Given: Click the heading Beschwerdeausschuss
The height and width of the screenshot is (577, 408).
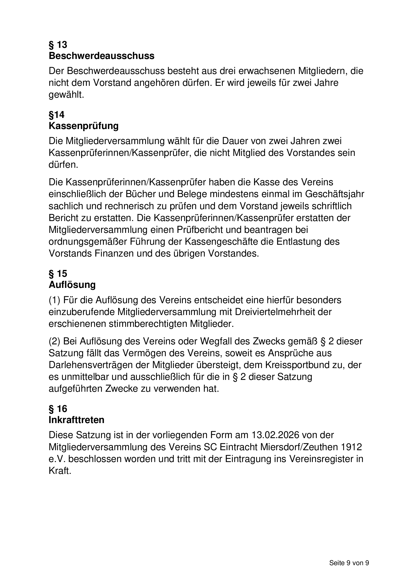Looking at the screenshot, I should pyautogui.click(x=101, y=56).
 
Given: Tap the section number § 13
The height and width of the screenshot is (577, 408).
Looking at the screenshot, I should pyautogui.click(x=58, y=45).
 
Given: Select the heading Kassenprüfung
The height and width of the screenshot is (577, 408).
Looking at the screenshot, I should pyautogui.click(x=83, y=126).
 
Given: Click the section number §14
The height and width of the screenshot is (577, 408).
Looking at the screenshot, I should pyautogui.click(x=56, y=115).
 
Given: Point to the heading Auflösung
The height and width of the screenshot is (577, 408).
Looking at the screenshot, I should pyautogui.click(x=72, y=285).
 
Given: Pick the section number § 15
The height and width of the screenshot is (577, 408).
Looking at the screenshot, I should pyautogui.click(x=58, y=273).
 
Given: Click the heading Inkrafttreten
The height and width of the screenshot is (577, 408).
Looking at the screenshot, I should pyautogui.click(x=76, y=420).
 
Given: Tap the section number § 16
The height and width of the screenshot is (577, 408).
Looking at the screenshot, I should pyautogui.click(x=58, y=409).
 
